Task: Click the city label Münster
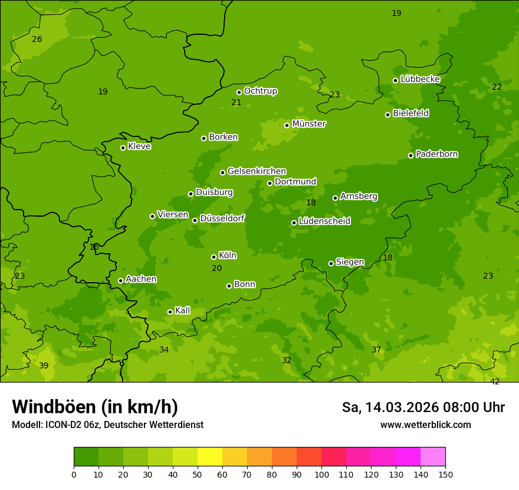[x=309, y=124]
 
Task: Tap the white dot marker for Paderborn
[x=411, y=155]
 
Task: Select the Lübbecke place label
[x=420, y=79]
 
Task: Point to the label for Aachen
[x=141, y=279]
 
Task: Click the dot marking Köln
[x=213, y=257]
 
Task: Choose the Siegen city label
[x=350, y=262]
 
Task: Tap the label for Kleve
[x=139, y=146]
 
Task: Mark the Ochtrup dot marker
[x=239, y=92]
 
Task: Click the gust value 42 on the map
[x=495, y=381]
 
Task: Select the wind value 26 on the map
[x=37, y=39]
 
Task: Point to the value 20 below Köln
[x=217, y=268]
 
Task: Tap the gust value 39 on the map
[x=44, y=365]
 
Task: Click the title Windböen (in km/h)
[x=95, y=407]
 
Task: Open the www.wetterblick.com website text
[x=425, y=424]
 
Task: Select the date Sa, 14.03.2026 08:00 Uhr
[x=423, y=407]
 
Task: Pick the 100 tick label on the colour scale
[x=321, y=474]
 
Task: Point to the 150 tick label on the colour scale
[x=445, y=474]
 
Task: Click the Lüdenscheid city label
[x=324, y=221]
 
